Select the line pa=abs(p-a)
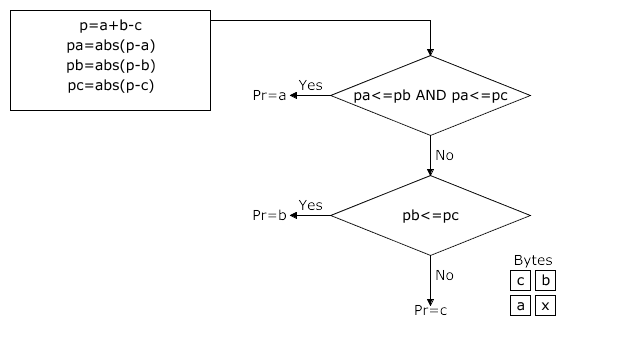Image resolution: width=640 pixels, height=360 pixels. pyautogui.click(x=110, y=46)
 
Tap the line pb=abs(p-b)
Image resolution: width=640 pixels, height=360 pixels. pyautogui.click(x=110, y=66)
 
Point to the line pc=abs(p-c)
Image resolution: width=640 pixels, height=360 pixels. pyautogui.click(x=110, y=85)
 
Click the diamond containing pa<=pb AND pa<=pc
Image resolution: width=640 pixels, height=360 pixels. pyautogui.click(x=430, y=96)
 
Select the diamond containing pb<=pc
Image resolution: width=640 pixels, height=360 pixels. pyautogui.click(x=430, y=215)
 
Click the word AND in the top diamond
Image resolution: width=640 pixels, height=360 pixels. pyautogui.click(x=430, y=96)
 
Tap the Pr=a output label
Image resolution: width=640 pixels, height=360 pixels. pyautogui.click(x=269, y=95)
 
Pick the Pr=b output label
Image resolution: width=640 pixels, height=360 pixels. pyautogui.click(x=269, y=215)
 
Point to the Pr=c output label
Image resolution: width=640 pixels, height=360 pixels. pyautogui.click(x=431, y=310)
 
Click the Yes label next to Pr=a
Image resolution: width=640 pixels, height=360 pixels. pyautogui.click(x=310, y=86)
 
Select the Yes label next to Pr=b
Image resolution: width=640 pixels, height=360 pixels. pyautogui.click(x=310, y=206)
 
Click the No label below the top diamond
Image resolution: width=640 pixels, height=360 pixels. pyautogui.click(x=445, y=155)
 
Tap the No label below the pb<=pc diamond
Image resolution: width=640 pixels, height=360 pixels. pyautogui.click(x=445, y=275)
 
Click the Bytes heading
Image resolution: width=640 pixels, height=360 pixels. pyautogui.click(x=532, y=260)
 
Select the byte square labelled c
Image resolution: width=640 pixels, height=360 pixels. pyautogui.click(x=520, y=281)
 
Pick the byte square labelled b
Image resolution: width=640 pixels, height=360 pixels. pyautogui.click(x=545, y=281)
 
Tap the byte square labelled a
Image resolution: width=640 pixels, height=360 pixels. pyautogui.click(x=520, y=306)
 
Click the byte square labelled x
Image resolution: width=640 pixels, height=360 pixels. pyautogui.click(x=545, y=306)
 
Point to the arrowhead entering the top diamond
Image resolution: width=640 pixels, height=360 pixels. pyautogui.click(x=430, y=53)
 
